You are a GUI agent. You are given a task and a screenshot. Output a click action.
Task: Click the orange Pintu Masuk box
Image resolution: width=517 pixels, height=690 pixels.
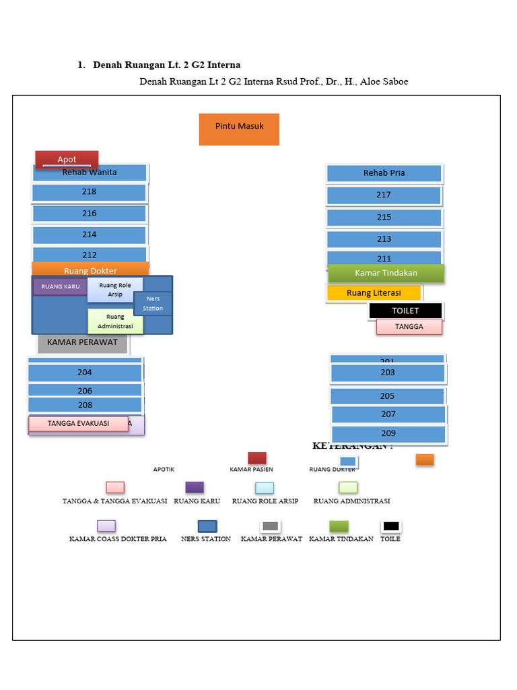coord(239,129)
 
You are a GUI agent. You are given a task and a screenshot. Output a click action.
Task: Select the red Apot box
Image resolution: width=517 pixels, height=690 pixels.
coord(67,159)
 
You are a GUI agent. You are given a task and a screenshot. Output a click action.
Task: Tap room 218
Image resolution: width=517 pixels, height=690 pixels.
coord(89,192)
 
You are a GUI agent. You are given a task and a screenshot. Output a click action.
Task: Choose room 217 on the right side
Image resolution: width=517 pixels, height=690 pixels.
coord(384,195)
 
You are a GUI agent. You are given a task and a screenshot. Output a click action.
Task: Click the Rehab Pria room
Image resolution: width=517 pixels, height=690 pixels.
coord(384,173)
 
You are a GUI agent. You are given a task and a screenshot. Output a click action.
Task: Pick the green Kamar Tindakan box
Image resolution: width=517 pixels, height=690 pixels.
coord(386,273)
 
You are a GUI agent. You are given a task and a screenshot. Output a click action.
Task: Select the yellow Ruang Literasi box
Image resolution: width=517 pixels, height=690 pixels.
coord(374,292)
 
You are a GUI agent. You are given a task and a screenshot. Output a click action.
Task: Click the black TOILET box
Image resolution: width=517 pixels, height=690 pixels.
coord(405,311)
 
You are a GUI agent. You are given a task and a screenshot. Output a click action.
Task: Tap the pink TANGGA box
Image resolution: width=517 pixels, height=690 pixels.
coord(409,327)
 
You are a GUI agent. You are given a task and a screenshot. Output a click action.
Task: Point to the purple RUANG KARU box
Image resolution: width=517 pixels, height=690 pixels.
coord(60,287)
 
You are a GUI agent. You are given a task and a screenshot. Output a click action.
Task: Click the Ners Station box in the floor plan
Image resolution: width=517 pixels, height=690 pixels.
coord(153,304)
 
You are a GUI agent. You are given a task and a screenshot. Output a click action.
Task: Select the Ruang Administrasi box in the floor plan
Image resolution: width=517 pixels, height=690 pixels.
coord(115,321)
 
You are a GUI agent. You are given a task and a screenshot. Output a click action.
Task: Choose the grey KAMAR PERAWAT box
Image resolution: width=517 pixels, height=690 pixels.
coord(82,342)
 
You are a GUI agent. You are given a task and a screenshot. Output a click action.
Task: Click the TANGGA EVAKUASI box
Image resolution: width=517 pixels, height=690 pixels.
coord(78,424)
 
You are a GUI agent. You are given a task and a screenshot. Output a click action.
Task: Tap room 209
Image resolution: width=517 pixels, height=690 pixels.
coord(388,434)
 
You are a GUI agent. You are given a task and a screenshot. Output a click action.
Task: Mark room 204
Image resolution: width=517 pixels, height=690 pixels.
coord(85,373)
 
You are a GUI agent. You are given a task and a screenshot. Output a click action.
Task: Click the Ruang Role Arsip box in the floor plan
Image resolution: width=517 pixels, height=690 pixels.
coord(115,289)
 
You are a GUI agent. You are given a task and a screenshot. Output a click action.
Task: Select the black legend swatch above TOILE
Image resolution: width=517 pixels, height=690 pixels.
coord(390,526)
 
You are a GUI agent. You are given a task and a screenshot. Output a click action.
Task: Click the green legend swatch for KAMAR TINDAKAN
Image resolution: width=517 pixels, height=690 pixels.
coord(339,526)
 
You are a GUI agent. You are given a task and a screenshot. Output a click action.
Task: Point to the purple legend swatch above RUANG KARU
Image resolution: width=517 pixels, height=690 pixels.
coord(195,487)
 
